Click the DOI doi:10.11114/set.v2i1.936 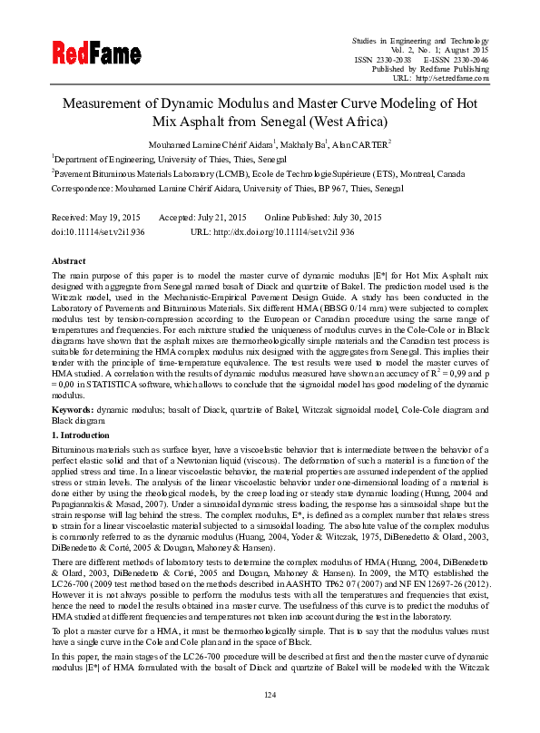(98, 232)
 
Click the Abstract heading (68, 259)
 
